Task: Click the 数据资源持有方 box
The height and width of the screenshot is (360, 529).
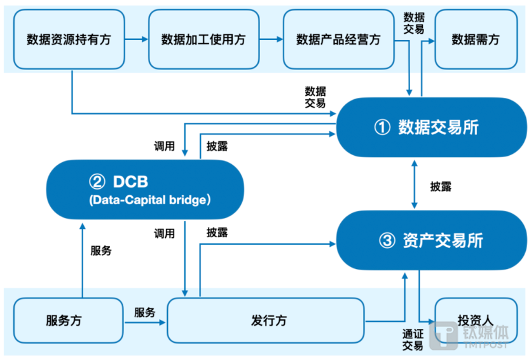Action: tap(69, 39)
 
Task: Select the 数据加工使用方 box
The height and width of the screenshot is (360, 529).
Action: tap(203, 39)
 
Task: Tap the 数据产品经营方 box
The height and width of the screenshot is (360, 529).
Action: tap(338, 39)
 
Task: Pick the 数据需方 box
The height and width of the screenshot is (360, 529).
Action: tap(476, 39)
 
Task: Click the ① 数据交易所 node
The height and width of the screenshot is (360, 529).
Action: tap(432, 127)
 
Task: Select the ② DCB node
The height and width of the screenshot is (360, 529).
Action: tap(145, 190)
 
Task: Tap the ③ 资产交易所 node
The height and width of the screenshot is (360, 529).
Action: tap(432, 240)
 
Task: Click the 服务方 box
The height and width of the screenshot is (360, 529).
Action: tap(68, 321)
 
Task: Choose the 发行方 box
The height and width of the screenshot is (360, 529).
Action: tap(266, 321)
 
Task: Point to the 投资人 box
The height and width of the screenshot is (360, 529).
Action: tap(476, 321)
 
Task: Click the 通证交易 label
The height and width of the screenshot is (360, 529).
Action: tap(413, 340)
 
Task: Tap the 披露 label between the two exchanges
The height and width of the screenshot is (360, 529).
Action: tap(441, 186)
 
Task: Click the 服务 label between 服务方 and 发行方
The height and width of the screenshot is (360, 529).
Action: tap(145, 312)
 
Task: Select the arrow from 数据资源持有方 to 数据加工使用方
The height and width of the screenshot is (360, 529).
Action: tap(137, 39)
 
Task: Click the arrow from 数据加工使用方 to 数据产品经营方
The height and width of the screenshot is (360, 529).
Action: tap(271, 39)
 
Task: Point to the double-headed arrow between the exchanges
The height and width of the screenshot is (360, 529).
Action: tap(415, 184)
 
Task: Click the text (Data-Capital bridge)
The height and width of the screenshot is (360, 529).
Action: tap(150, 200)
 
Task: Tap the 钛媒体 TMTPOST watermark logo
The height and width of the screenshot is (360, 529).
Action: tap(469, 335)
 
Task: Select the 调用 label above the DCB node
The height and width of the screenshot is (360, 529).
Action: tap(164, 146)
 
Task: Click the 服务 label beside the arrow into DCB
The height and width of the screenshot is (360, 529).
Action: tap(101, 251)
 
